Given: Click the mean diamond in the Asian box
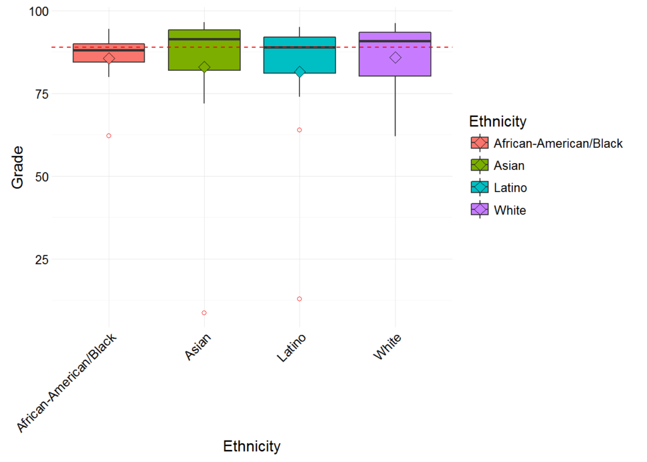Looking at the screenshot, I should (204, 67).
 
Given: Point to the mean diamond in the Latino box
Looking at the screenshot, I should (299, 72).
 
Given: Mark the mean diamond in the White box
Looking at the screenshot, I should (395, 58).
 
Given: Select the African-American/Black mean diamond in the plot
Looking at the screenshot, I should (109, 58).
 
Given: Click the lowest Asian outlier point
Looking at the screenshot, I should (204, 313).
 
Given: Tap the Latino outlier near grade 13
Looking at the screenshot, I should (299, 299).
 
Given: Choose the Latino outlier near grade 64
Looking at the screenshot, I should (299, 130).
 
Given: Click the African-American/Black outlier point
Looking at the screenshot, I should (109, 136).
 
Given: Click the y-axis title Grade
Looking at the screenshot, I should (18, 167).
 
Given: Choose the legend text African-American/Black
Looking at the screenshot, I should (558, 143).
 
